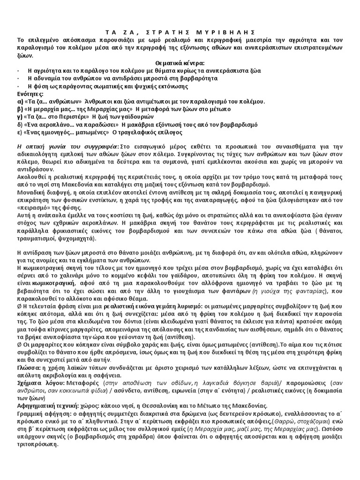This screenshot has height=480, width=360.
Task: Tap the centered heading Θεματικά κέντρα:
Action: [x=180, y=63]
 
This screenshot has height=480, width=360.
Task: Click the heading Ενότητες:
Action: [x=31, y=94]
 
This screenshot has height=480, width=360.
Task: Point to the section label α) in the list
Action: [x=20, y=101]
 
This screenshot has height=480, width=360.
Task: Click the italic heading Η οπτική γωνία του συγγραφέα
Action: [x=66, y=147]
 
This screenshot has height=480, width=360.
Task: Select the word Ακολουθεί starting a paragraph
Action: [x=31, y=178]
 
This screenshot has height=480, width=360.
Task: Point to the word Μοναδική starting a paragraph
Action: [x=31, y=193]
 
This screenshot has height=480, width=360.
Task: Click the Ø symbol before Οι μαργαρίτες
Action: [x=20, y=352]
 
